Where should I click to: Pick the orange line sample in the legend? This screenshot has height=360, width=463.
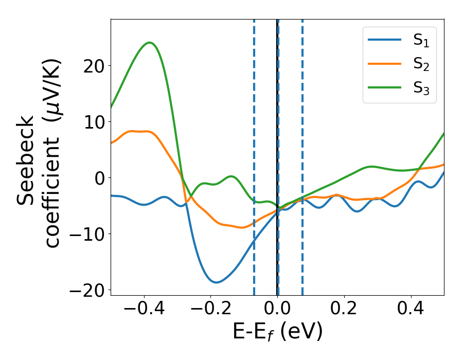tap(385, 64)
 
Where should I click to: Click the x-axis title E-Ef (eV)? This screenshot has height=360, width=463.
tap(278, 332)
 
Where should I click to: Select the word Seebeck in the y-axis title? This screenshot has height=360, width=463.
tap(27, 161)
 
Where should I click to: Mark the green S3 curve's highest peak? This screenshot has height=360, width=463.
tap(150, 43)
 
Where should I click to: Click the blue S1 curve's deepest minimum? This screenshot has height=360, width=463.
tap(216, 282)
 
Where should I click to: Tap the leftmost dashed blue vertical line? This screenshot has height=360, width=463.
tap(254, 154)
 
